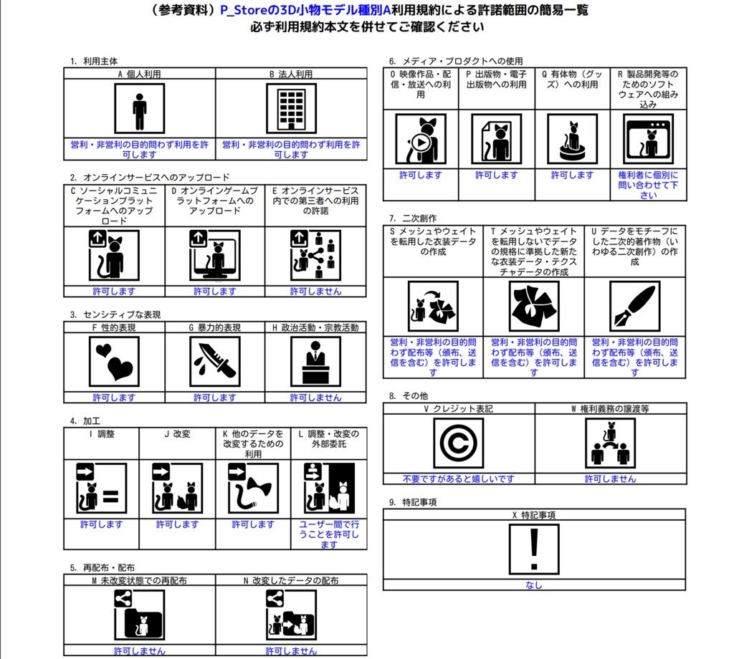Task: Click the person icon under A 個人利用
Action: pyautogui.click(x=139, y=108)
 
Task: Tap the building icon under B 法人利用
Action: pyautogui.click(x=291, y=108)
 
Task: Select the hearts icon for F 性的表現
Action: pyautogui.click(x=113, y=360)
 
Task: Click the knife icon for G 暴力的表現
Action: pyautogui.click(x=214, y=360)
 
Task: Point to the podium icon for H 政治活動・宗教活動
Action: pyautogui.click(x=315, y=360)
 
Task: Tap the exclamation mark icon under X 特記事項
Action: pyautogui.click(x=533, y=549)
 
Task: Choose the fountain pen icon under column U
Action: pyautogui.click(x=634, y=306)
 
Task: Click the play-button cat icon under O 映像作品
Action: pyautogui.click(x=420, y=139)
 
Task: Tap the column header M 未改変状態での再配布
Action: pyautogui.click(x=139, y=580)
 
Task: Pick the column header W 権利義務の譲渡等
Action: pyautogui.click(x=610, y=409)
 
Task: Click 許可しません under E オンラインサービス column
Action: pyautogui.click(x=315, y=292)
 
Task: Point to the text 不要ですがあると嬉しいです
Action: pyautogui.click(x=458, y=478)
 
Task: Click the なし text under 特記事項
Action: pyautogui.click(x=533, y=585)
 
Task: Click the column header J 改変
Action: pyautogui.click(x=177, y=434)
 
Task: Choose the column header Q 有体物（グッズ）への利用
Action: pyautogui.click(x=572, y=79)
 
